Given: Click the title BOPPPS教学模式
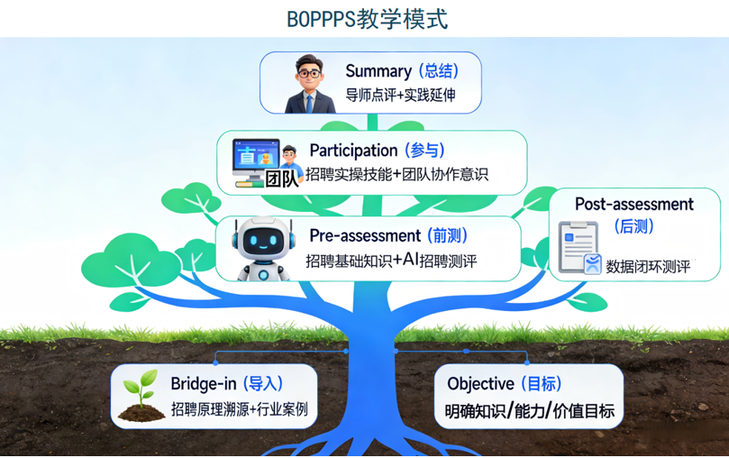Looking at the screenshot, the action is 367,19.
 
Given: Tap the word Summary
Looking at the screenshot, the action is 378,71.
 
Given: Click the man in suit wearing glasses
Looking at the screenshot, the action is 309,85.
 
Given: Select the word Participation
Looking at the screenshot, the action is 353,151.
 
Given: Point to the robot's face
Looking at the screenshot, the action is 263,242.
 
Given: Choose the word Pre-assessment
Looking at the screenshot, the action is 365,235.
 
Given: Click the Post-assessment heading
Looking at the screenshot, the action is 634,204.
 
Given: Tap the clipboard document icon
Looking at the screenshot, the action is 579,247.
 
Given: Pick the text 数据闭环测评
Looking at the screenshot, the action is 648,267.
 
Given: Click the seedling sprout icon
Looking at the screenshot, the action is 141,395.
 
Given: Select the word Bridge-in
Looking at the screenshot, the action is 204,383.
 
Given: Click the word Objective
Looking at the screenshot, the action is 480,384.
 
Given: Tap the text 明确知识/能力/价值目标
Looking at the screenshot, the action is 530,411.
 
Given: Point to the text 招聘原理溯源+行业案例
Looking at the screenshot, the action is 239,409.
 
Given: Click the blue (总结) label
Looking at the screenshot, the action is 439,70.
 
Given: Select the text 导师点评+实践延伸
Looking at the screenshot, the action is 400,96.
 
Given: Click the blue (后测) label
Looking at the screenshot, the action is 634,226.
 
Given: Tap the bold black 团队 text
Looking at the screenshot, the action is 282,179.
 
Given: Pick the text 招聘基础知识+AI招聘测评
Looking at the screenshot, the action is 391,261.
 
